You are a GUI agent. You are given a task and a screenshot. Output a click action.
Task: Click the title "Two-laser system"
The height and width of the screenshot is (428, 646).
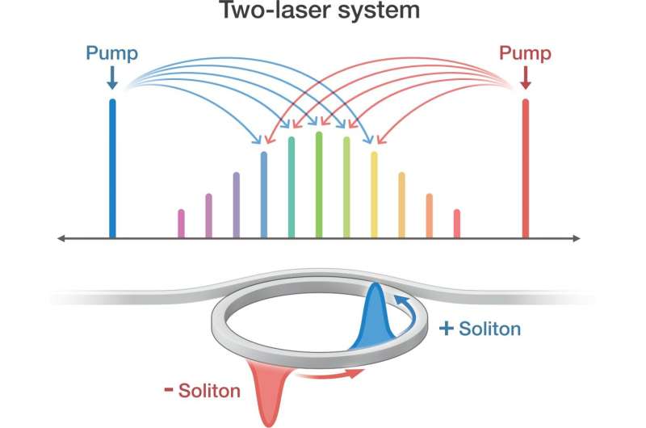pyautogui.click(x=323, y=13)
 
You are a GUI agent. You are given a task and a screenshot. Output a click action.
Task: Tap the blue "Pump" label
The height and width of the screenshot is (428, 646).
pyautogui.click(x=112, y=54)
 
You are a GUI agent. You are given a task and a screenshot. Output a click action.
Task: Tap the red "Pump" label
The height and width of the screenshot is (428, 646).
pyautogui.click(x=526, y=54)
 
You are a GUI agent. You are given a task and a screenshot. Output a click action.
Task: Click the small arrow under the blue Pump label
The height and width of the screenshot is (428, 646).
pyautogui.click(x=112, y=78)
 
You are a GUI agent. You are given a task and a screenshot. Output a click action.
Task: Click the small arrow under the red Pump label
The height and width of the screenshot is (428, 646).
pyautogui.click(x=526, y=78)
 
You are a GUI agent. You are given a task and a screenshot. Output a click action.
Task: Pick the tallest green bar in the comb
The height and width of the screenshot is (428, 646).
pyautogui.click(x=319, y=186)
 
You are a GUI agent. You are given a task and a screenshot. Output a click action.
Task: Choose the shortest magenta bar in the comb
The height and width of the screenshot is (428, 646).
pyautogui.click(x=181, y=224)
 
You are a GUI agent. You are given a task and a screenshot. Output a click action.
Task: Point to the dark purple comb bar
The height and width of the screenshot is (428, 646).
pyautogui.click(x=236, y=205)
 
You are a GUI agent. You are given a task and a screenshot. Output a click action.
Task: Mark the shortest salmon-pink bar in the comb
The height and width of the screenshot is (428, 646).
pyautogui.click(x=457, y=224)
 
